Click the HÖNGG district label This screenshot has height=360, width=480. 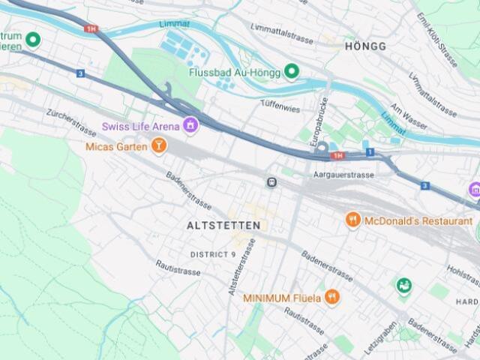pos(365,46)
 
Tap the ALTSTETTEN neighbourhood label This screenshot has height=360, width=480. pos(223,225)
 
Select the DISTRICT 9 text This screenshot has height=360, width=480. pos(213,254)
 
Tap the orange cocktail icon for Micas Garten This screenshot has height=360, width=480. pos(158,145)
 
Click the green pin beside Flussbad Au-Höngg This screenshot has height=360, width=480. pos(292,72)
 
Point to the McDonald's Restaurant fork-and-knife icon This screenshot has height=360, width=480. pos(353,220)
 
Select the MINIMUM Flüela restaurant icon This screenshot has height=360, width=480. pos(332,298)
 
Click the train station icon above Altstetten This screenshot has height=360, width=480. pos(271,182)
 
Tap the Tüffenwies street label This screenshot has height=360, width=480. pos(280,109)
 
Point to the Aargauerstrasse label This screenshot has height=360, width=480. pos(343,175)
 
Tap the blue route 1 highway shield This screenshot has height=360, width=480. pos(370,152)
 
